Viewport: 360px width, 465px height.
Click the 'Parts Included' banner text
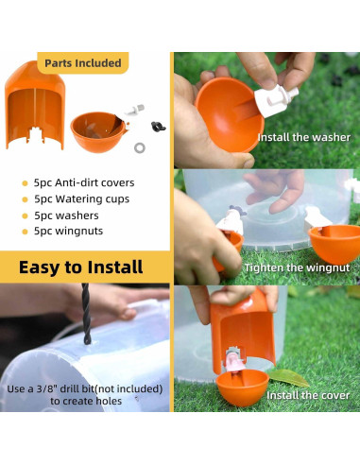click(83, 63)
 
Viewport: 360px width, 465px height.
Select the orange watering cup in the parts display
click(97, 132)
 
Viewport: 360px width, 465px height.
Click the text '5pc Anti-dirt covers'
click(85, 183)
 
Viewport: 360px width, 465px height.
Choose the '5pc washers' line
click(68, 215)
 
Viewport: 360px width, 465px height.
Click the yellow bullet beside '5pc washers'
click(25, 215)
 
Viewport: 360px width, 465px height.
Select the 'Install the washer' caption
click(303, 137)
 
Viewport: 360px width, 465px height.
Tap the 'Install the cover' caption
click(308, 395)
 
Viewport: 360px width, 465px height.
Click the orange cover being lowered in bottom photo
click(241, 321)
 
